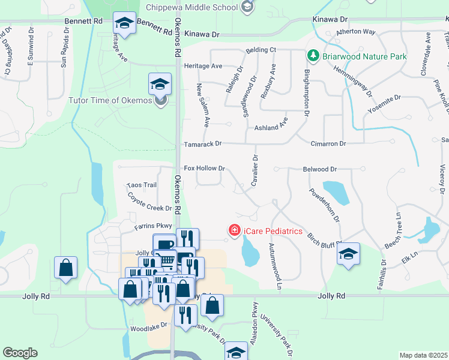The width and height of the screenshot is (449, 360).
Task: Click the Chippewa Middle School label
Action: [x=192, y=8]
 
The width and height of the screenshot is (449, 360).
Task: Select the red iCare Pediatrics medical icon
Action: [x=234, y=230]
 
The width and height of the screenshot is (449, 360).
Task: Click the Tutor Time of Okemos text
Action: [x=110, y=100]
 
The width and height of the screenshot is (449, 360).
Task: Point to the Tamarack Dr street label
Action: [x=202, y=144]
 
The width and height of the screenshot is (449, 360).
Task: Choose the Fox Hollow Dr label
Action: [x=204, y=169]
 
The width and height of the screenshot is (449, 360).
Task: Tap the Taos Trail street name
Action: [x=142, y=185]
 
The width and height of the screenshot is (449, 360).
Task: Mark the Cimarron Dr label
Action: [x=328, y=144]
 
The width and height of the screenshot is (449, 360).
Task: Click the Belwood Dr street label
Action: [x=320, y=170]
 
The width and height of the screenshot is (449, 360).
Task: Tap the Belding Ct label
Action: [x=260, y=50]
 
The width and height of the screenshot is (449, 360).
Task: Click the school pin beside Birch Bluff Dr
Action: [x=348, y=253]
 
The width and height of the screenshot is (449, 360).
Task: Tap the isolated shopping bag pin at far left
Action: [x=65, y=268]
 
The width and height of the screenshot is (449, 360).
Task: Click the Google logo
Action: [x=20, y=353]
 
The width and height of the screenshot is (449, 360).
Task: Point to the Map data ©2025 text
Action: [x=423, y=355]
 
